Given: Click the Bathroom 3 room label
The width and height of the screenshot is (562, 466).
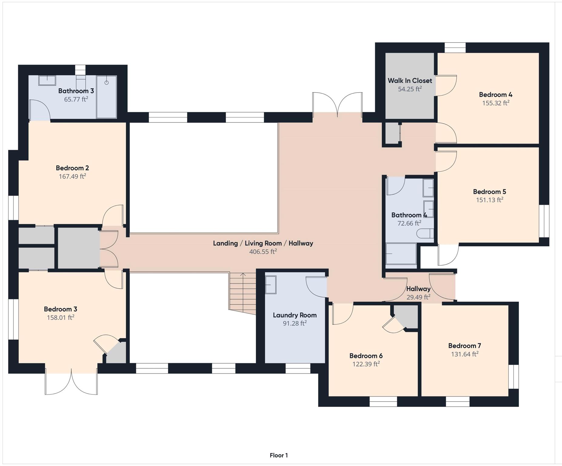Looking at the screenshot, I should (76, 91).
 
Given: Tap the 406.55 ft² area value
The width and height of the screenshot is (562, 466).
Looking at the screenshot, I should (263, 252).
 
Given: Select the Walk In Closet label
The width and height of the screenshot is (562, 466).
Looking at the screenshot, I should (410, 81).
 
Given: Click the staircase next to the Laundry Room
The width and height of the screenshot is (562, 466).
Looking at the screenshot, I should (242, 293).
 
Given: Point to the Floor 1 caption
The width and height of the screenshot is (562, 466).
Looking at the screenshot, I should (279, 455).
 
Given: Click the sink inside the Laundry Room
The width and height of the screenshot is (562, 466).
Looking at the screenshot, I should (271, 285).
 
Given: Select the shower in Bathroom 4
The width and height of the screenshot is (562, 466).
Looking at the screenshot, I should (401, 254).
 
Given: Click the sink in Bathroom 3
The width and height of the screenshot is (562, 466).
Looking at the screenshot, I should (47, 81).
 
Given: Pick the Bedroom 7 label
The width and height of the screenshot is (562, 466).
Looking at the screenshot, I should (464, 346).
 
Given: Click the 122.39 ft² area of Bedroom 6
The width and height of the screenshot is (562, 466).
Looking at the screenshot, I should (366, 364).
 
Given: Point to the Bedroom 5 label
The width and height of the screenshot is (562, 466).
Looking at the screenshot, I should (489, 192).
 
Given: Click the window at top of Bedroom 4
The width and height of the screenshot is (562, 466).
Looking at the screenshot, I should (455, 48).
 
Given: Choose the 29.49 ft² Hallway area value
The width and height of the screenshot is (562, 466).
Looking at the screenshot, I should (418, 297).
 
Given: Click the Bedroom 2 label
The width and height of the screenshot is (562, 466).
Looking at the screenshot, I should (72, 168).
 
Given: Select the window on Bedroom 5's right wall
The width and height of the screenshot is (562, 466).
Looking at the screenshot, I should (544, 221).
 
